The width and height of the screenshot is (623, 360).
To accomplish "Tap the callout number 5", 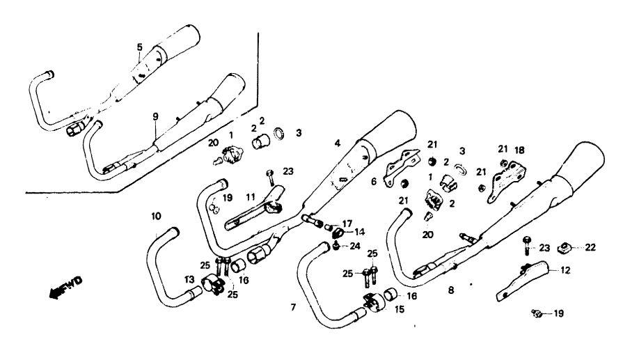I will [139, 47].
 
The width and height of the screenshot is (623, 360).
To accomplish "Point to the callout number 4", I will [337, 143].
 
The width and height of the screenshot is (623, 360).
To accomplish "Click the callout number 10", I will [155, 217].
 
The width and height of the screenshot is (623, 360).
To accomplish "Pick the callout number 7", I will [293, 306].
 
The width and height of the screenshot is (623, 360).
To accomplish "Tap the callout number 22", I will [590, 247].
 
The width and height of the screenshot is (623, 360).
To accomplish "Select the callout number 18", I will [519, 150].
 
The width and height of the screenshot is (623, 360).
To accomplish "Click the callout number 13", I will [189, 279].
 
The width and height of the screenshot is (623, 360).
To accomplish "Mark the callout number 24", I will [354, 245].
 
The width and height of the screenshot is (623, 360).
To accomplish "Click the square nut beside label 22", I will [566, 246].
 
